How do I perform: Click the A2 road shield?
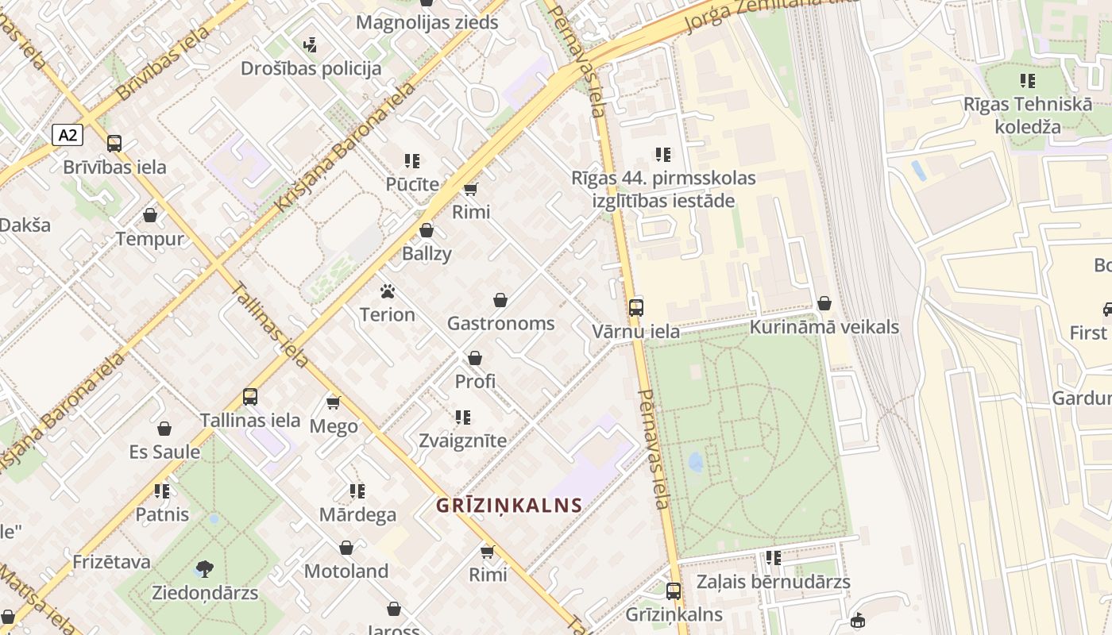pyautogui.click(x=68, y=135)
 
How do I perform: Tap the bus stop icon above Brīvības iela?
pyautogui.click(x=114, y=144)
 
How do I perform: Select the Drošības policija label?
pyautogui.click(x=311, y=69)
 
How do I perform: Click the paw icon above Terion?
pyautogui.click(x=388, y=291)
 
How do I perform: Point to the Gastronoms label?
pyautogui.click(x=500, y=324)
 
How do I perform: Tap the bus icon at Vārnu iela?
pyautogui.click(x=636, y=308)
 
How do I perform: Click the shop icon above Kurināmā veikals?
pyautogui.click(x=824, y=303)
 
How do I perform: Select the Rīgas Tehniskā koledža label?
pyautogui.click(x=1028, y=115)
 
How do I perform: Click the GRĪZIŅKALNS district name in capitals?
pyautogui.click(x=509, y=505)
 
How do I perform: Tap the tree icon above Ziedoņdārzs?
pyautogui.click(x=204, y=569)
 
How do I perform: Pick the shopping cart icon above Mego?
pyautogui.click(x=334, y=403)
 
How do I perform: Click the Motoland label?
pyautogui.click(x=346, y=571)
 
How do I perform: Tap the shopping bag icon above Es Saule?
pyautogui.click(x=164, y=429)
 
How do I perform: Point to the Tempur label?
pyautogui.click(x=149, y=239)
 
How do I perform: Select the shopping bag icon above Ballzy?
pyautogui.click(x=427, y=231)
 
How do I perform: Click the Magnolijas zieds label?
pyautogui.click(x=427, y=22)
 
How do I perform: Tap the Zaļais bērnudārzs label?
pyautogui.click(x=773, y=582)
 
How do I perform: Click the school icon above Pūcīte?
pyautogui.click(x=412, y=161)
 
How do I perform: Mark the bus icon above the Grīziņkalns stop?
pyautogui.click(x=674, y=591)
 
